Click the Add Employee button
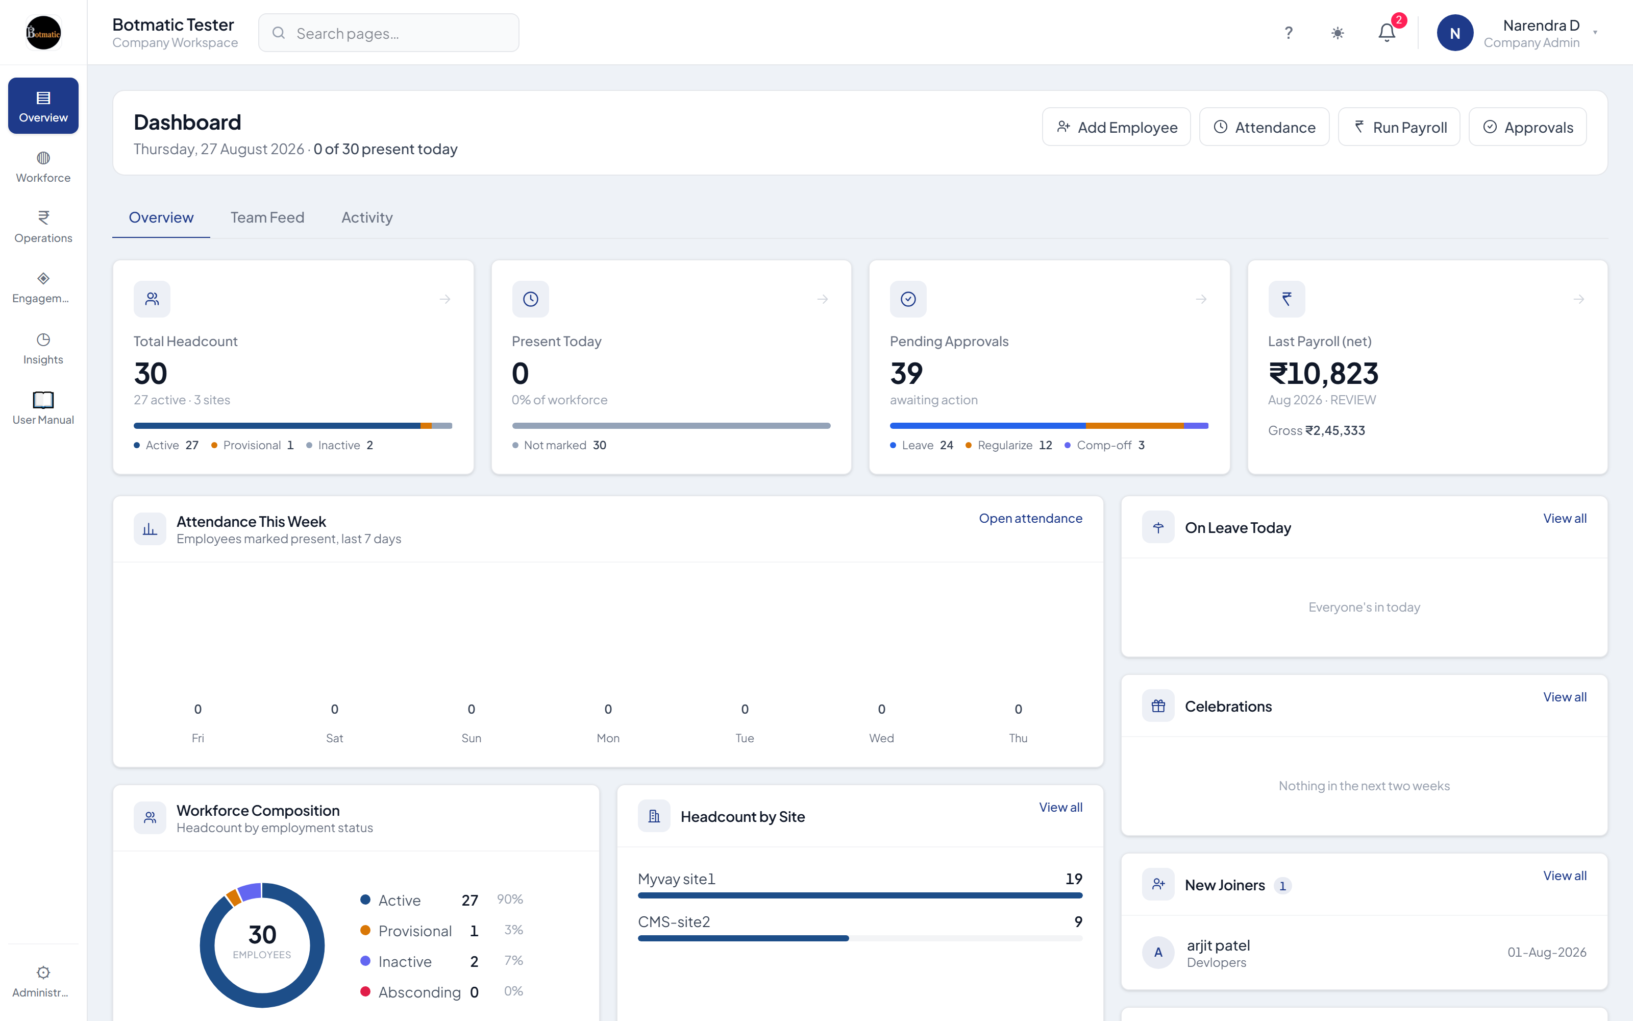click(1116, 127)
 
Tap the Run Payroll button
click(1399, 127)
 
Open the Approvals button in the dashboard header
click(1528, 127)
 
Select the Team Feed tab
click(267, 217)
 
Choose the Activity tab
click(367, 217)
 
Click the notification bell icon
click(1387, 32)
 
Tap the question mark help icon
click(1288, 32)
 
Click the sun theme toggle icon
click(1338, 32)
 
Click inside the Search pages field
click(389, 33)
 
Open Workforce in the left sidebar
click(43, 167)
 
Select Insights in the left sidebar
click(43, 349)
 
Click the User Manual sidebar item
click(43, 408)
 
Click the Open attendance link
click(1030, 518)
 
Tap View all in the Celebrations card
click(1565, 697)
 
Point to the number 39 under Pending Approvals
click(906, 373)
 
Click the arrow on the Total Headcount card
click(444, 299)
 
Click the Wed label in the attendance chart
click(881, 738)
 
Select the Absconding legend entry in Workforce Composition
click(419, 992)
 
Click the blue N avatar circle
click(1455, 33)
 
